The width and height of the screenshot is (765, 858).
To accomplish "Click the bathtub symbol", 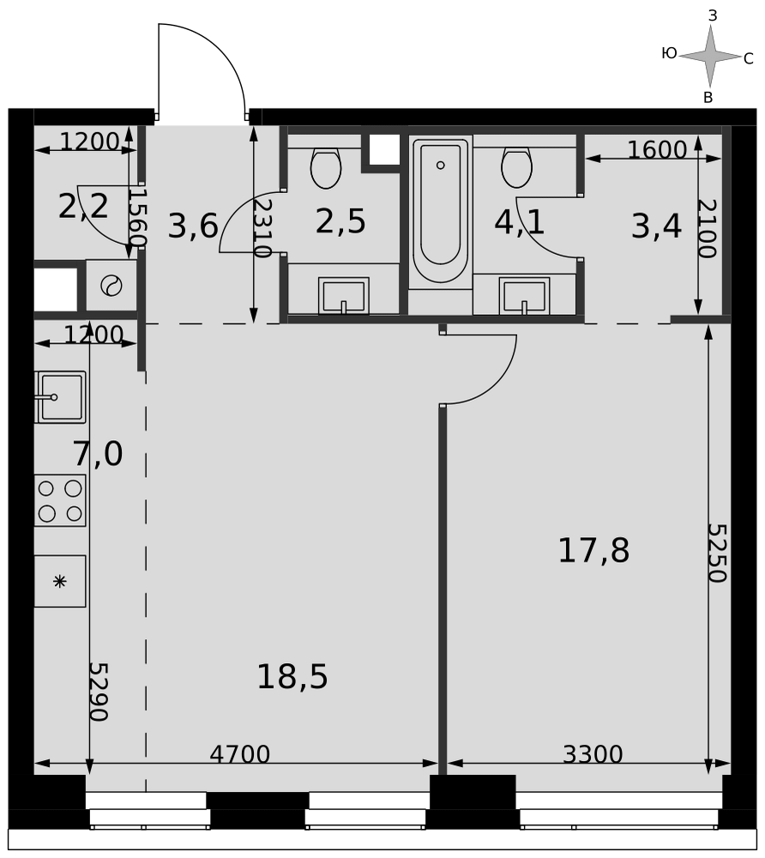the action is coord(440,211).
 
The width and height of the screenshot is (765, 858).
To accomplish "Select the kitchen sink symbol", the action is coord(60,397).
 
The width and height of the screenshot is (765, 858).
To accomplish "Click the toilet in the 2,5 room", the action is coord(325,168).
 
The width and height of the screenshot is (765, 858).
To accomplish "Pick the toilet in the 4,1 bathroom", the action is coord(516,167).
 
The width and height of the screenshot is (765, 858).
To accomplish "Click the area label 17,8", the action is coord(593,551).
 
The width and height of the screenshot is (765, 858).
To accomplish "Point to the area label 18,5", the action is coord(292,676).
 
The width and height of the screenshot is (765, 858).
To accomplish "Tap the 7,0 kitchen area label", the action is coord(98,454).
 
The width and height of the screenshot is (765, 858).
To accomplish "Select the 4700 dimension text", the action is coord(240,754).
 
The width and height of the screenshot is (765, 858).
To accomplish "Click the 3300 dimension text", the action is coord(593,754).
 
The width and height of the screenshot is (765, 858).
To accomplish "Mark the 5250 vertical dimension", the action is coord(717,553).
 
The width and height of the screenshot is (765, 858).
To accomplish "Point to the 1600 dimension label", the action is coord(657,149).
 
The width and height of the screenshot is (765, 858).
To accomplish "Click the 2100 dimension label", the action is coord(707,228).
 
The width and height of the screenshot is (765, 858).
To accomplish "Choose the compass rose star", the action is coord(710,56).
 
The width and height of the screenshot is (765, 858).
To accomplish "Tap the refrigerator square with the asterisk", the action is coord(59,581).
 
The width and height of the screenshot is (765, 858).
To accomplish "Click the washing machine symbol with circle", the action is coord(111,286).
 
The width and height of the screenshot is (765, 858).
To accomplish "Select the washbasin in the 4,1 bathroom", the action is coord(524,296).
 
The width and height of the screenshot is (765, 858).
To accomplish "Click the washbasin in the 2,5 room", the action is coord(343,296).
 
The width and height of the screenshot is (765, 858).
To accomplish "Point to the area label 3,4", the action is coord(656,227).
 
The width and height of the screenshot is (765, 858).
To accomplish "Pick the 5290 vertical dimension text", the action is coord(99,692).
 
